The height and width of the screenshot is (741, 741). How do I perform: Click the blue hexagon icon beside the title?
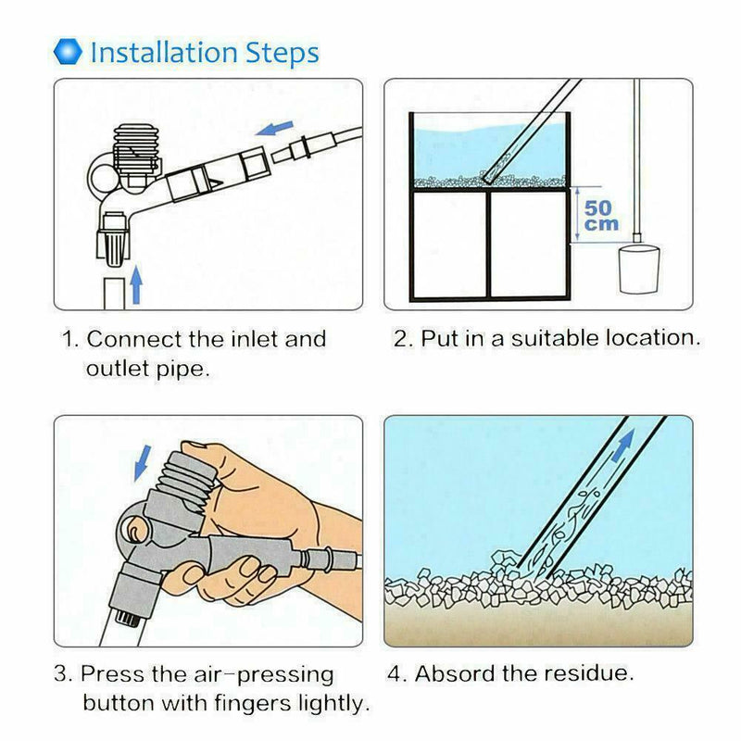click(x=68, y=52)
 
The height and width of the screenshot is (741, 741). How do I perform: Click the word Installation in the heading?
click(x=164, y=52)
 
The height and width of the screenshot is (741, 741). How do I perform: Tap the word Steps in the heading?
click(x=283, y=53)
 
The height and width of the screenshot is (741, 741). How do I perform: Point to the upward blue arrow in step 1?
click(x=136, y=284)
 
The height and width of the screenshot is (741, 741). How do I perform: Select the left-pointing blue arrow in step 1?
click(x=274, y=128)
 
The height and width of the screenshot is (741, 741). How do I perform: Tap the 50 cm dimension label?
click(x=600, y=216)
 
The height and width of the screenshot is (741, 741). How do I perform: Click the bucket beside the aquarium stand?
click(x=639, y=269)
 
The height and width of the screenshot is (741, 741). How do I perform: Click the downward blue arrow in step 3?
click(x=143, y=462)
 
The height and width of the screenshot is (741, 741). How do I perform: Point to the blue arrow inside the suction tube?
click(x=622, y=446)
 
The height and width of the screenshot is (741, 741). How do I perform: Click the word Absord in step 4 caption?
click(x=455, y=673)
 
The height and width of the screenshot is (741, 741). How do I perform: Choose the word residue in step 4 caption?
click(x=588, y=673)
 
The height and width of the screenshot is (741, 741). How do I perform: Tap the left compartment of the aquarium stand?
click(x=449, y=244)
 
